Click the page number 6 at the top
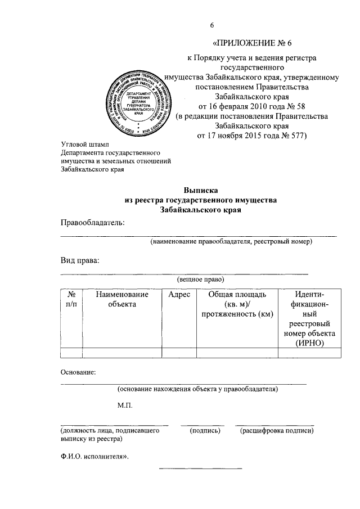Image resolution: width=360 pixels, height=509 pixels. click(x=212, y=25)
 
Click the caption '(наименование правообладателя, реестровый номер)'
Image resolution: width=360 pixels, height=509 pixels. click(x=231, y=242)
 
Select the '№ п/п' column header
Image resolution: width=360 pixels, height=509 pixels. click(x=71, y=299)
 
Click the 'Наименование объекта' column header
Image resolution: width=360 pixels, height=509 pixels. click(x=122, y=299)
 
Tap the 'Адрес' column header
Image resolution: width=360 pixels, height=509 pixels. click(x=179, y=295)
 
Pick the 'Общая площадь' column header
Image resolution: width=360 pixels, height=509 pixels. click(x=237, y=295)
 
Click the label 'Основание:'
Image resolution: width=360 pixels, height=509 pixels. click(x=78, y=372)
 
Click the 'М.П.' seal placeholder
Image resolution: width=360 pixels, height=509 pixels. click(x=124, y=406)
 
